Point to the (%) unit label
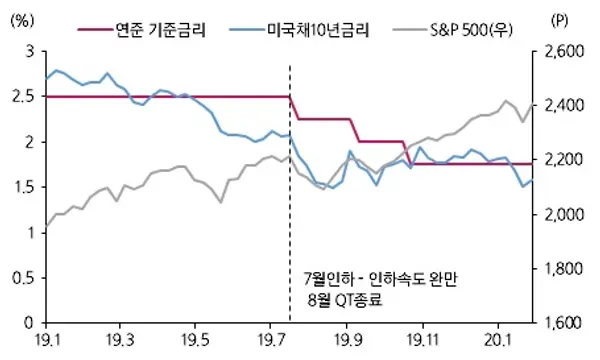click(x=21, y=20)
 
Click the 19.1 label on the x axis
click(x=46, y=341)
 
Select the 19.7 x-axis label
click(x=274, y=341)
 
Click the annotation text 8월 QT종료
click(x=345, y=297)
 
